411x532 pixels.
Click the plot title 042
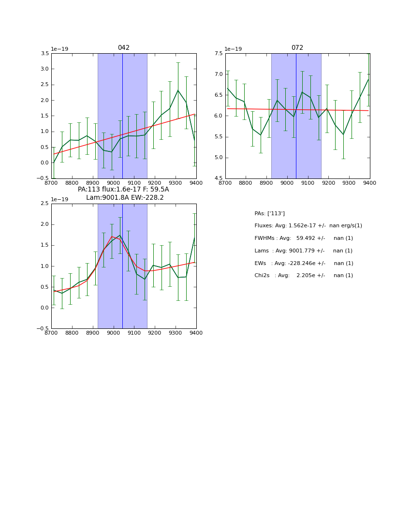click(x=123, y=48)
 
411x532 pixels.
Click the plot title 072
click(x=297, y=48)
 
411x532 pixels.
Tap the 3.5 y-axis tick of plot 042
click(x=44, y=54)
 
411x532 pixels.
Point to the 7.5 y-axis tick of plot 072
click(x=218, y=54)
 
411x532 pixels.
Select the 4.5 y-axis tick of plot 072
click(x=218, y=178)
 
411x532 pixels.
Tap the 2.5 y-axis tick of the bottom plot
click(x=44, y=204)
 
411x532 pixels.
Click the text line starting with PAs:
click(x=269, y=213)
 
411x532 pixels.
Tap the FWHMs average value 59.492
click(x=307, y=238)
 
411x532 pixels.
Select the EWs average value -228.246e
click(x=306, y=263)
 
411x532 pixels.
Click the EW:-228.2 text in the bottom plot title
click(x=147, y=198)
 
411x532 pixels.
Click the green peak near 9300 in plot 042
click(x=178, y=90)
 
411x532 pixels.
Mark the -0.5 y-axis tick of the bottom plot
click(x=44, y=328)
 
